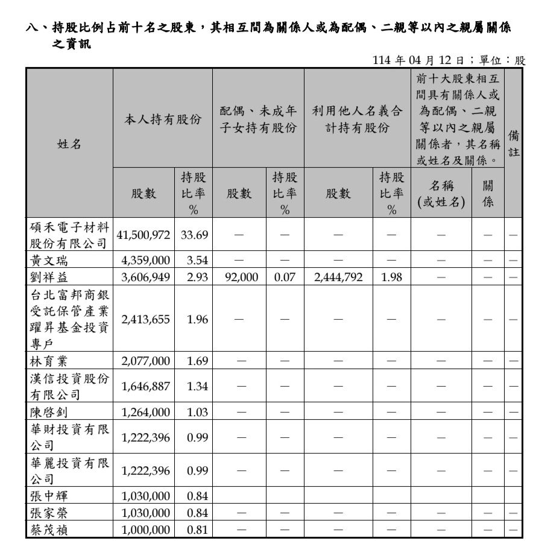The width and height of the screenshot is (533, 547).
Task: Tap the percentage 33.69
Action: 194,235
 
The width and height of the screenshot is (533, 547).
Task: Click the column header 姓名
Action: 69,144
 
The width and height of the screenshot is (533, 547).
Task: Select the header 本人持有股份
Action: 162,119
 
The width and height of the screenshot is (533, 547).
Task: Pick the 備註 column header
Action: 513,144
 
